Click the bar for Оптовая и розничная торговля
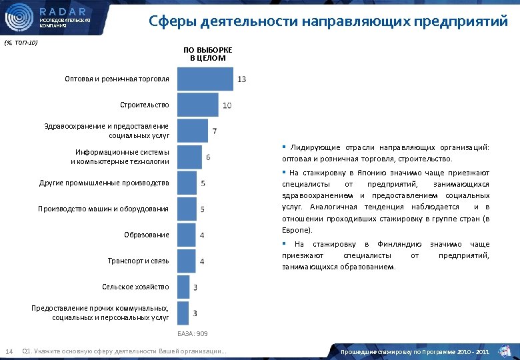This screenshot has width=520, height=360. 206,79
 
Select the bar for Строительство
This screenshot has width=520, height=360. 198,105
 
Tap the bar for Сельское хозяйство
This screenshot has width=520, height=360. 183,287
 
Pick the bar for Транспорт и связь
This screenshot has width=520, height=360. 187,261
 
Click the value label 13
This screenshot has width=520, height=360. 241,79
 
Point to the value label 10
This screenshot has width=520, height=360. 227,105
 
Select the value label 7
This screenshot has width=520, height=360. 214,131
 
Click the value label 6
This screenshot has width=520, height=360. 209,157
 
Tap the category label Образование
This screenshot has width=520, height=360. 146,235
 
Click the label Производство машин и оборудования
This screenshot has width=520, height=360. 104,209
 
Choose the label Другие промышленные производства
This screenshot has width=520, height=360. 104,183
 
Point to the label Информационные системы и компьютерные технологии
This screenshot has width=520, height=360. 120,157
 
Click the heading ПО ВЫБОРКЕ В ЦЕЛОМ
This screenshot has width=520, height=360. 207,54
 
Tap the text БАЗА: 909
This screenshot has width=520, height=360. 193,333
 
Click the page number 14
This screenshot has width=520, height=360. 9,351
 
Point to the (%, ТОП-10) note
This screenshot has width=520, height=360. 21,43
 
